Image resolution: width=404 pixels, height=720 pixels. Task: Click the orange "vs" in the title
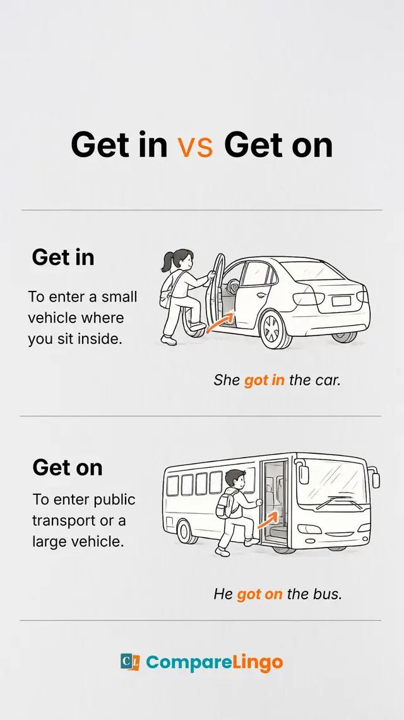point(195,147)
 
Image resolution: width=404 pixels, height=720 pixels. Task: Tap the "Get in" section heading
point(63,257)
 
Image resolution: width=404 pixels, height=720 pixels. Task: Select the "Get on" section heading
point(67,468)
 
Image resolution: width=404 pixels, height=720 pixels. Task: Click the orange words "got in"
point(264,381)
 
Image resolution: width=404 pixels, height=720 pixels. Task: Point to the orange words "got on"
point(259,594)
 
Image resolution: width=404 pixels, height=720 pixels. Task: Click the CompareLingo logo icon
point(130,662)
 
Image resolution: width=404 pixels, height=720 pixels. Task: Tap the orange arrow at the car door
point(220,321)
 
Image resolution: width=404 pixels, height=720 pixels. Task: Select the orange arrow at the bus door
point(268,520)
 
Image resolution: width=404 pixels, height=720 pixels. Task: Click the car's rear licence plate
point(341,302)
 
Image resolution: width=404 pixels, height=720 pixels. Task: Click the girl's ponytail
point(166,262)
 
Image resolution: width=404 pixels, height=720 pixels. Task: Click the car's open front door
point(215,290)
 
